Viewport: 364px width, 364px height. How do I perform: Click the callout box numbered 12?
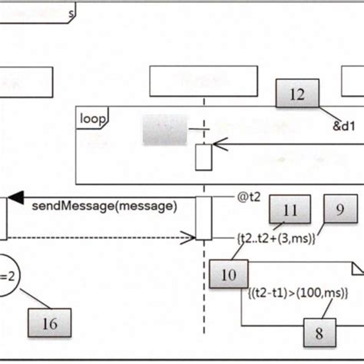[297, 94]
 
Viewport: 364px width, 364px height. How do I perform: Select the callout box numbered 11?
[290, 210]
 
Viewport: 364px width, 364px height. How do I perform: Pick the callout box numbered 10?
[228, 274]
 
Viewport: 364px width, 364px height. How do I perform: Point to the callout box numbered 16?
[49, 323]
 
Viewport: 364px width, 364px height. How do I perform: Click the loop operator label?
[92, 118]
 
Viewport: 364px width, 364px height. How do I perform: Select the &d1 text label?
[343, 127]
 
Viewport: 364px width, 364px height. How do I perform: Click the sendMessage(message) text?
[104, 206]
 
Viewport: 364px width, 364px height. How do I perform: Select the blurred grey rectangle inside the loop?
[164, 130]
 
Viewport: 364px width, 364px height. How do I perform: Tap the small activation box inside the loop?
[203, 157]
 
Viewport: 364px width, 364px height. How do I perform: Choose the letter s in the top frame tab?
[71, 13]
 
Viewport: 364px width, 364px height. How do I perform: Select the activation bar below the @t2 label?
[204, 218]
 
